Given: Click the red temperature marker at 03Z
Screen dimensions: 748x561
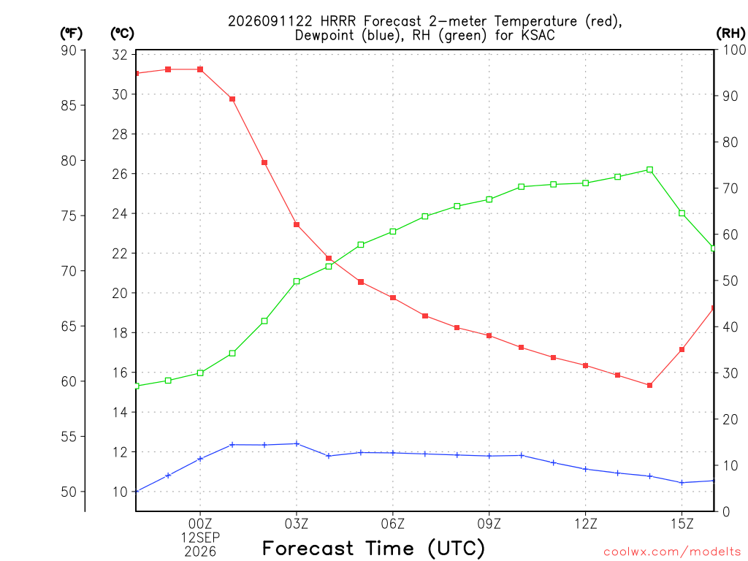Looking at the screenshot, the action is click(297, 225).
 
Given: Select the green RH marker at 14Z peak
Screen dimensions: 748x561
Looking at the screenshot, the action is click(649, 169).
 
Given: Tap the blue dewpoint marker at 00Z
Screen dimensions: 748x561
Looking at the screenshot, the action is click(200, 459).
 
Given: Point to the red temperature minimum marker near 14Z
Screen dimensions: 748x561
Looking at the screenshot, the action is click(649, 386).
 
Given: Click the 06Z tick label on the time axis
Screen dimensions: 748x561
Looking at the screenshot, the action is click(392, 524).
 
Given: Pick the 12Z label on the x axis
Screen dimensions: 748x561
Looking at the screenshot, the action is click(585, 524).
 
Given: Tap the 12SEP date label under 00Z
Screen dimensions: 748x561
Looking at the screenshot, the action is click(200, 538).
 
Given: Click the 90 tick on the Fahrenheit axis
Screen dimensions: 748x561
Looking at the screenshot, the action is click(69, 50).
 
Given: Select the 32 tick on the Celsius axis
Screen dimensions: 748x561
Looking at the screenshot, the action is click(120, 55).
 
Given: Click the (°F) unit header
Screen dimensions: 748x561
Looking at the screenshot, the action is click(71, 34).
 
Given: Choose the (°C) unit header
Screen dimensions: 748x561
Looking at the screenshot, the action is click(122, 34).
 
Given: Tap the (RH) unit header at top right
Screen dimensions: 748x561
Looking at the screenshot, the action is click(730, 33).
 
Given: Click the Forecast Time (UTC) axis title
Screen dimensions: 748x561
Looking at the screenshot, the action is click(373, 548).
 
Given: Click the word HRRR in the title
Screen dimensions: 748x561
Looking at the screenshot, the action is click(338, 21).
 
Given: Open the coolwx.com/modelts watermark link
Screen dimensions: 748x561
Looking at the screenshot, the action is click(672, 552).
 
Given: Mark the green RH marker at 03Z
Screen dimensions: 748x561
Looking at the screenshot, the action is click(297, 281).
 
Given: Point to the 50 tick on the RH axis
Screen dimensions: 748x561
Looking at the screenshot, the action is click(730, 280).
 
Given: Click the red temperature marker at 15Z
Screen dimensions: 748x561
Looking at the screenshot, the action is click(682, 350).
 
